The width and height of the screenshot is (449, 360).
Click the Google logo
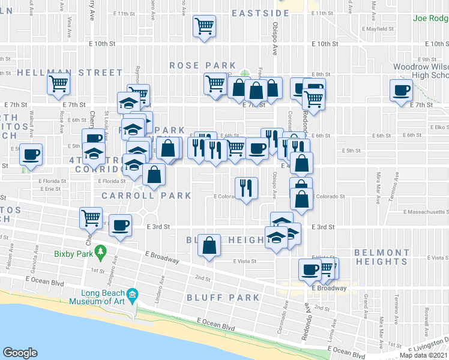20,353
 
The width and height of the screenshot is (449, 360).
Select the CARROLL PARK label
146,196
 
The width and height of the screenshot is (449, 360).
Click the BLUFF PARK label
223,297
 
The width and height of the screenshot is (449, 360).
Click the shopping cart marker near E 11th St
205,26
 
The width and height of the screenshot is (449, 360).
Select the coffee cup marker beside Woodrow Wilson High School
401,91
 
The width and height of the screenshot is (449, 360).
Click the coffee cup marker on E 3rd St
121,225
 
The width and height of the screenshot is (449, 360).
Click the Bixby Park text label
76,253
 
